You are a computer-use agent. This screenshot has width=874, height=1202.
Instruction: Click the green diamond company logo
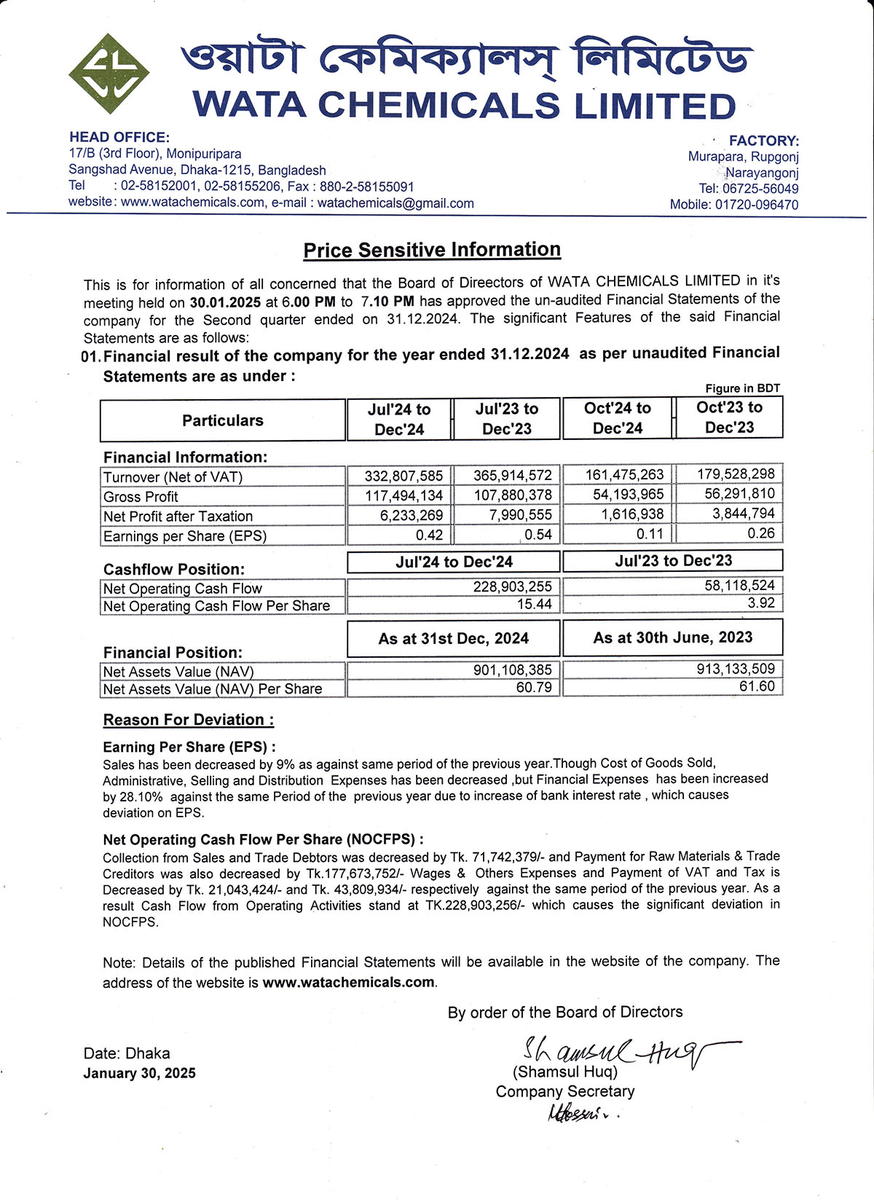pos(109,73)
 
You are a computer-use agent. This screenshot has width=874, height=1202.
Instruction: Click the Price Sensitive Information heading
pos(432,250)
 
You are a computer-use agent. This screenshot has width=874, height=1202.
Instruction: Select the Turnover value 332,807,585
pos(403,476)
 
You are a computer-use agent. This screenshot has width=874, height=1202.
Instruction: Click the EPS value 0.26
pos(761,533)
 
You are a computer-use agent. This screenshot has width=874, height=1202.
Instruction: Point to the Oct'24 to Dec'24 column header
pos(617,418)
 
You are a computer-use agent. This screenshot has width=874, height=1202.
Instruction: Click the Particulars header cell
pos(222,420)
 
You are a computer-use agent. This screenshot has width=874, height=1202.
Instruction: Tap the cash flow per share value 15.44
pos(535,604)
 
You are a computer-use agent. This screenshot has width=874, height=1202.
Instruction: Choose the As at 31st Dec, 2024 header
pos(453,639)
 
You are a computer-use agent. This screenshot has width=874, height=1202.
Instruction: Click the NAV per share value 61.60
pos(757,686)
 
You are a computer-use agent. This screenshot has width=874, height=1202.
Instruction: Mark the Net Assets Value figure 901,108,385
pos(512,669)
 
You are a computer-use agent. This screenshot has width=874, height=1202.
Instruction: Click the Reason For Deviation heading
pos(189,720)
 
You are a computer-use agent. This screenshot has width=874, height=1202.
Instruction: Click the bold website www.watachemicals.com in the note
pos(349,982)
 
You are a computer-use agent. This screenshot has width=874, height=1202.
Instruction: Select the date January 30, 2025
pos(139,1073)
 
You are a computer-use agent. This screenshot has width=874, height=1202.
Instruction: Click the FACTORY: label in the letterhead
pos(764,141)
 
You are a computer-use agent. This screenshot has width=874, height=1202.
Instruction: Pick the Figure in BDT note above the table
pos(742,388)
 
